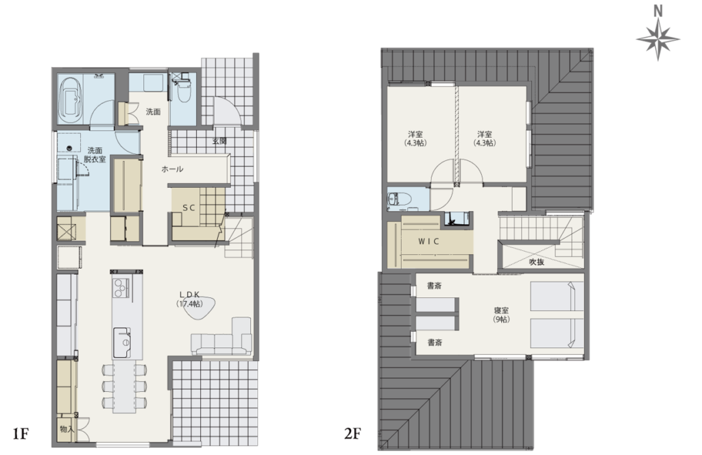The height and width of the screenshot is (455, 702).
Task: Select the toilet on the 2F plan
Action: point(396,199)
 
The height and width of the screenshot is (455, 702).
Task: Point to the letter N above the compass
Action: point(657,11)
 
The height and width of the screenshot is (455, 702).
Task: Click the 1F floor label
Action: point(21,433)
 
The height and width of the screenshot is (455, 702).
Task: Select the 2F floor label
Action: point(352,433)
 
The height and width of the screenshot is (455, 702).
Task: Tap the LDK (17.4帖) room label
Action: point(189,299)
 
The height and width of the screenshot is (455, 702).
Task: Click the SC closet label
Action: point(189,208)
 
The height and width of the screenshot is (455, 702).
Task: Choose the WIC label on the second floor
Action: point(428,241)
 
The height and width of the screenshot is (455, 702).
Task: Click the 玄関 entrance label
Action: point(219,141)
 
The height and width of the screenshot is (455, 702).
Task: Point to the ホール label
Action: point(172,169)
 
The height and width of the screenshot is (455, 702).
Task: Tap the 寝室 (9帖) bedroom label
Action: point(501,315)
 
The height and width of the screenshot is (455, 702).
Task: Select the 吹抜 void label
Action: point(536,262)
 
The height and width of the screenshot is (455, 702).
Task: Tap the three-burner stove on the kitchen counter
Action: point(121,288)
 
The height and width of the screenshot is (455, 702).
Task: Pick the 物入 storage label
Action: point(66,429)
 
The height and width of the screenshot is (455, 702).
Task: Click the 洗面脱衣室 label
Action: point(95,154)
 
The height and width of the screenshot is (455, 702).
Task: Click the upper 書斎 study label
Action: point(434,286)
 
